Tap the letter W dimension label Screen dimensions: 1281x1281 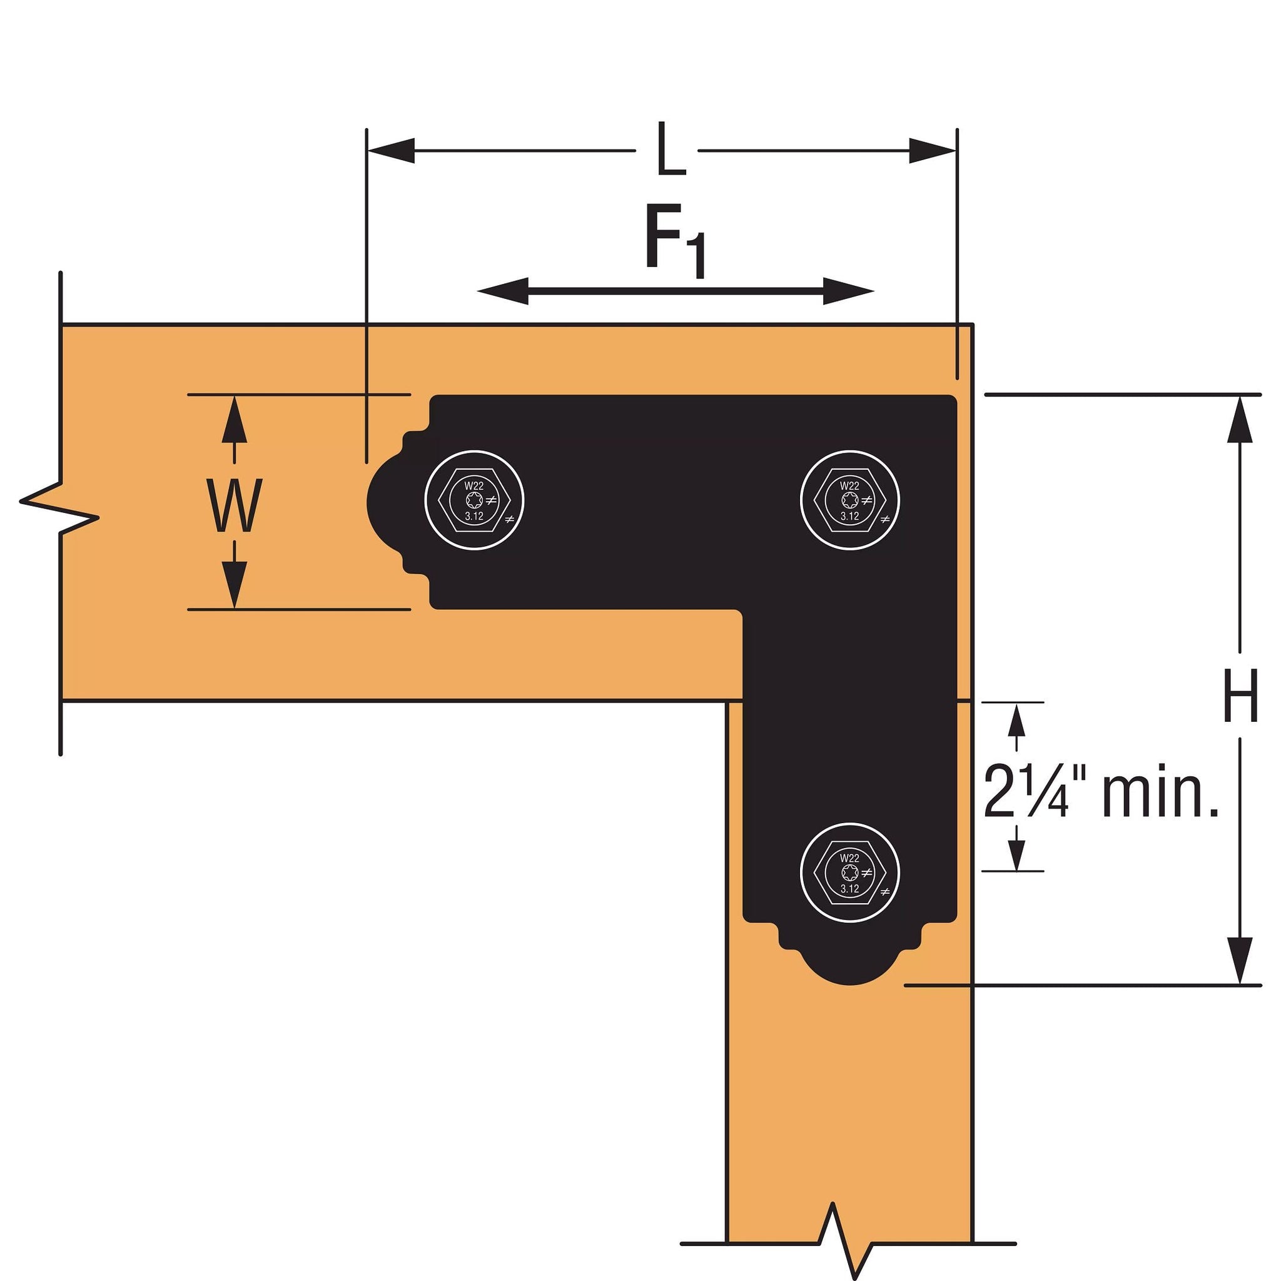coord(233,506)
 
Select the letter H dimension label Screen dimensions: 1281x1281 coord(1240,696)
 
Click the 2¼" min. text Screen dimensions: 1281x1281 coord(1101,791)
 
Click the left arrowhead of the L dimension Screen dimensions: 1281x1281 coord(391,151)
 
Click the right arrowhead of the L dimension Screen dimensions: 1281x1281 coord(932,151)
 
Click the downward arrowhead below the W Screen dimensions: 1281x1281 coord(234,584)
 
